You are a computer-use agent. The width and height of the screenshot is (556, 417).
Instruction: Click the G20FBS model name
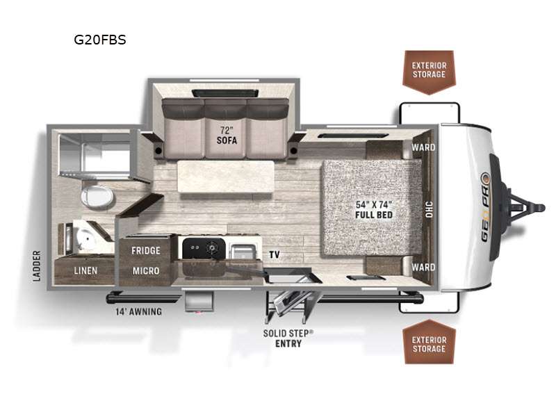[100, 40]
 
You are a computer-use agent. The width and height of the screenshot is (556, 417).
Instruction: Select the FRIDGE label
[146, 250]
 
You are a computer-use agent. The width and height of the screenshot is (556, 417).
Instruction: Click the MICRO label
[146, 270]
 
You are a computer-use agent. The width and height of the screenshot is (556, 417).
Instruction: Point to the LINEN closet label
[85, 270]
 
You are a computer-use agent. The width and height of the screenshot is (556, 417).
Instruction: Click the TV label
[275, 255]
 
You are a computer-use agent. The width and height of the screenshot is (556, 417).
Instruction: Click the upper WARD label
[423, 147]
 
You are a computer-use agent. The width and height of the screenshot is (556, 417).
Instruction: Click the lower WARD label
[423, 267]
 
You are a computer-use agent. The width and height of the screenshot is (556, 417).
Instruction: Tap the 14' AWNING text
[139, 311]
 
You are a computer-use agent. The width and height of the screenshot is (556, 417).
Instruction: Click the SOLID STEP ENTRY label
[288, 338]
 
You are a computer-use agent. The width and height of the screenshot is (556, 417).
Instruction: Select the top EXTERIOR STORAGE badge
[429, 71]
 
